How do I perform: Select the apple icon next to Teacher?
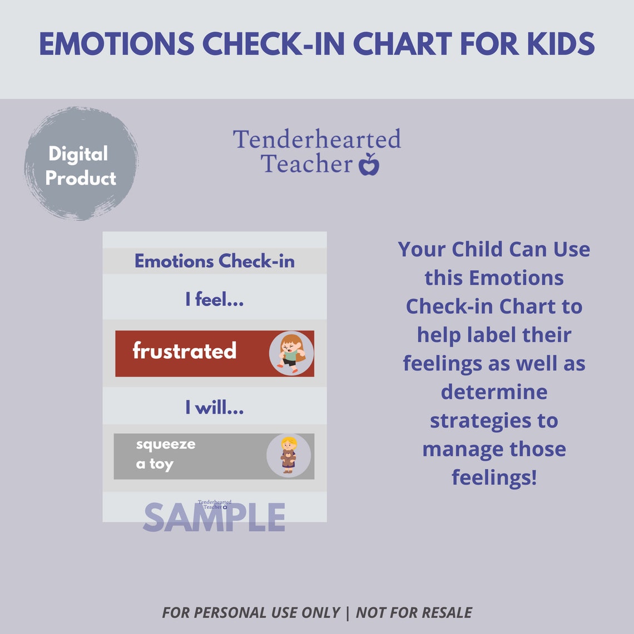point(369,165)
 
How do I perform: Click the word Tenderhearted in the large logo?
point(316,140)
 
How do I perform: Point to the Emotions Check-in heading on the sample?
point(215,261)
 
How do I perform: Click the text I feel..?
point(215,300)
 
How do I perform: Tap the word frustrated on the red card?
point(185,351)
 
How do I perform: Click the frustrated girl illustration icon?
point(291,353)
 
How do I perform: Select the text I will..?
point(215,408)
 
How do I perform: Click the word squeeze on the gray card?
point(166,444)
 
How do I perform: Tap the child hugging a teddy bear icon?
point(288,455)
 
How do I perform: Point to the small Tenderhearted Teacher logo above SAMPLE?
point(215,504)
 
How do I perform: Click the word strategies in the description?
point(494,420)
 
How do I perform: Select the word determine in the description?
point(494,392)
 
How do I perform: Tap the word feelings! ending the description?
point(494,477)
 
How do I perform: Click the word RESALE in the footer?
point(444,613)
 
